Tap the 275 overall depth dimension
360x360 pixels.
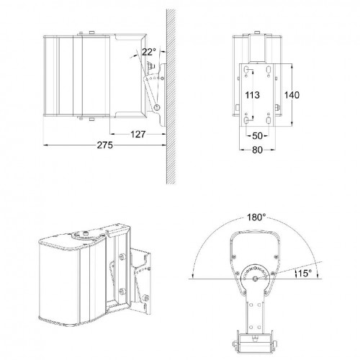(105, 146)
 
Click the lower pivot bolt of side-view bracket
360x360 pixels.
(157, 107)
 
